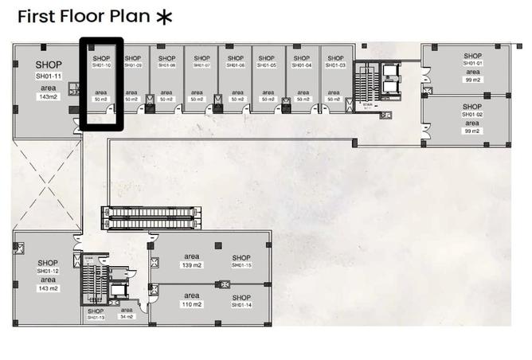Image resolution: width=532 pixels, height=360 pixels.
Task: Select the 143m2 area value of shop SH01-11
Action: click(49, 96)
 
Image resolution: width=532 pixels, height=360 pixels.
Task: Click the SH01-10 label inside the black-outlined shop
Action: click(100, 65)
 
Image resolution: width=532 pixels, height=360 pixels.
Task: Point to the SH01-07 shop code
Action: click(201, 65)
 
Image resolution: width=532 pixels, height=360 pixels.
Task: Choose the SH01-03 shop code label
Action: click(336, 65)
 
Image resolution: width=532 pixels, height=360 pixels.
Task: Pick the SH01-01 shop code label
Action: click(473, 64)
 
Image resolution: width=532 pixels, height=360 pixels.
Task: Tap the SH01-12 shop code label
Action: click(47, 271)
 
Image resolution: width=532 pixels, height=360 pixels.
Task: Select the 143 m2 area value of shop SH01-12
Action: click(49, 288)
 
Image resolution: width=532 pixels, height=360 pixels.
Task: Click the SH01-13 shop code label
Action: click(96, 318)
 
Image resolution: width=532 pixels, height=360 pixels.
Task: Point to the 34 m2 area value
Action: click(127, 317)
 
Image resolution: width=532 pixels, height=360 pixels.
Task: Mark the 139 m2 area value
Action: click(193, 264)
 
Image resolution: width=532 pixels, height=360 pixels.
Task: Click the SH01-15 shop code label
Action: click(241, 265)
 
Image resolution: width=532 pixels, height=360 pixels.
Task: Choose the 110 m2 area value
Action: click(193, 304)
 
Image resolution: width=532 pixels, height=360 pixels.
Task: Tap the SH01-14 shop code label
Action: click(241, 305)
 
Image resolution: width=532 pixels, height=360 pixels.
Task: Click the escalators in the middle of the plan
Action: click(151, 218)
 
